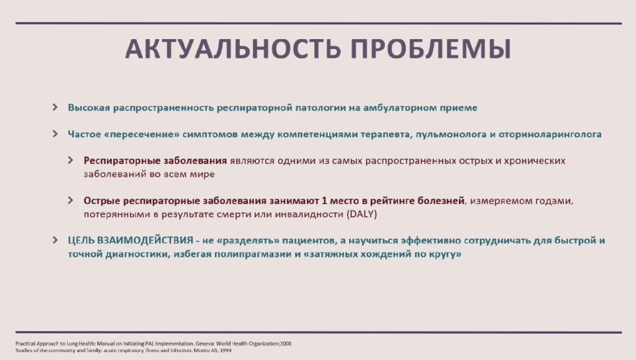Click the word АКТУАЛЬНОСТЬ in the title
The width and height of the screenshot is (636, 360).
click(233, 49)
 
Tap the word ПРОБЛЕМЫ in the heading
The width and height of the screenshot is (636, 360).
click(431, 49)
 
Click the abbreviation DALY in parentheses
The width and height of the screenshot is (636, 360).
click(361, 214)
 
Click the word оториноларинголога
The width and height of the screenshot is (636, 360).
click(550, 134)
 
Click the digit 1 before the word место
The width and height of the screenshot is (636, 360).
click(324, 200)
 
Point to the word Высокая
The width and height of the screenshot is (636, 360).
click(89, 107)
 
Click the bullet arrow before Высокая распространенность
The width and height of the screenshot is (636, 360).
click(55, 107)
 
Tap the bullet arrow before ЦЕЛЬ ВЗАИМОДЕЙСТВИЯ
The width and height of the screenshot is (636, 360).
click(55, 240)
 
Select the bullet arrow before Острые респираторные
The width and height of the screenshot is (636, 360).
click(71, 200)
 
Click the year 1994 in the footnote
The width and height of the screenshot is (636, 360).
click(226, 350)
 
